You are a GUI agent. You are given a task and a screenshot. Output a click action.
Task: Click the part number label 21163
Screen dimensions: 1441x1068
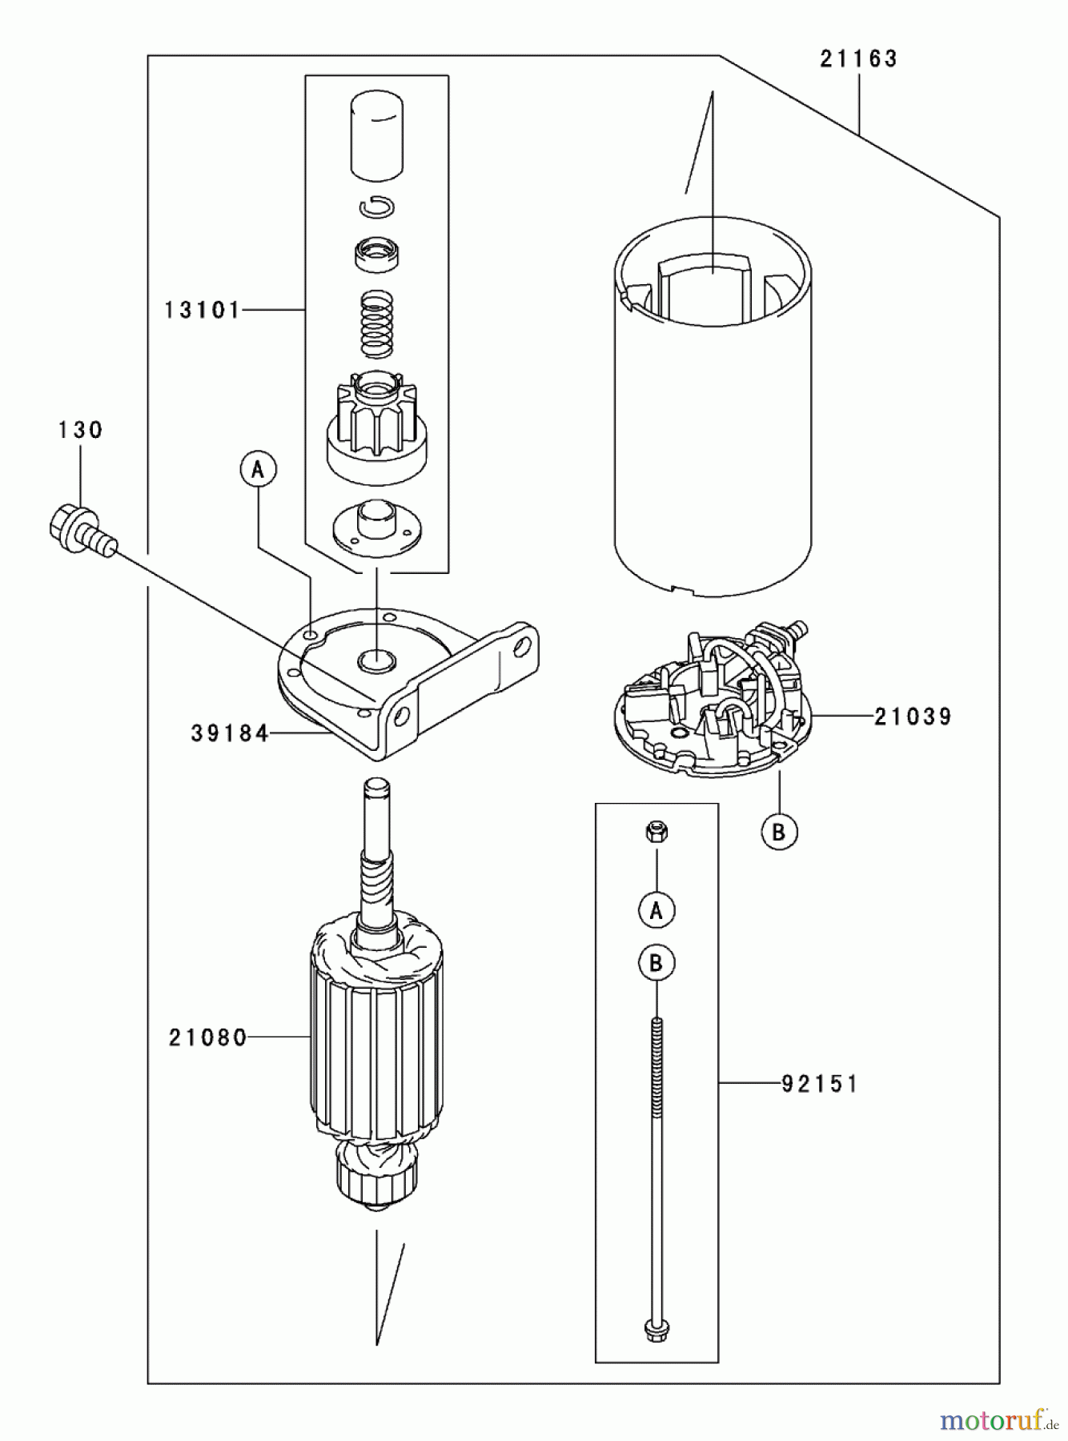pyautogui.click(x=858, y=58)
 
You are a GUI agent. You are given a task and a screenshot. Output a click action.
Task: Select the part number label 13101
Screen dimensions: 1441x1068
pyautogui.click(x=202, y=310)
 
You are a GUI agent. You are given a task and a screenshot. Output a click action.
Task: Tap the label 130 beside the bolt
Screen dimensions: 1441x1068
pyautogui.click(x=81, y=430)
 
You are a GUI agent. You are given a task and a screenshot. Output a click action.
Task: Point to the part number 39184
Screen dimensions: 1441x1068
pyautogui.click(x=230, y=733)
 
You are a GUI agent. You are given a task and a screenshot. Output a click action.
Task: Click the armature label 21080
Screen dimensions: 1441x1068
pyautogui.click(x=207, y=1038)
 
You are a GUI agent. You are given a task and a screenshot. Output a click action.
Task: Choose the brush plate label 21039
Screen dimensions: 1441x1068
pyautogui.click(x=913, y=716)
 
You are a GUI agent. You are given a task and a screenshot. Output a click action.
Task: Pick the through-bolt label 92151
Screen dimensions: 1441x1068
pyautogui.click(x=819, y=1084)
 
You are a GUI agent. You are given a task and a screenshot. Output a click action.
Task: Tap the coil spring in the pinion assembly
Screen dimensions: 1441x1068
pyautogui.click(x=377, y=323)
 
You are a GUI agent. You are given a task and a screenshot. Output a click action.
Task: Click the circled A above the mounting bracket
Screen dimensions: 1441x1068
pyautogui.click(x=257, y=470)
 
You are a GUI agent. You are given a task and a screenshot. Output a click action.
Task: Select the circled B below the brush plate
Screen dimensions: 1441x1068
pyautogui.click(x=779, y=832)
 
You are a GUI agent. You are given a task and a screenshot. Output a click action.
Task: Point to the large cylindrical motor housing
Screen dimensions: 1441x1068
pyautogui.click(x=713, y=432)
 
